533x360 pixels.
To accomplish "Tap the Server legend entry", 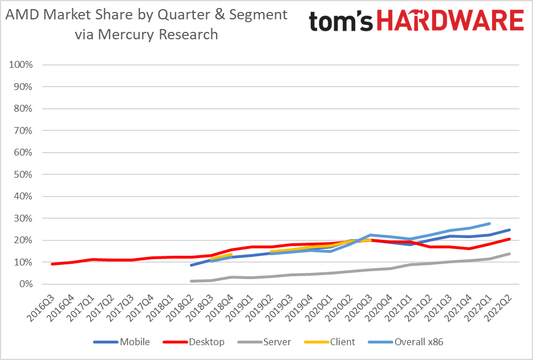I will tap(276, 342).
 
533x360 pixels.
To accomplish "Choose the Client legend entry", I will tap(342, 342).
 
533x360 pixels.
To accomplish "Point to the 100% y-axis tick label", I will tap(22, 65).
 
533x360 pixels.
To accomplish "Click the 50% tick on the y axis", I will tap(24, 174).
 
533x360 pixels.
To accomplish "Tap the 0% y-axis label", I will tap(26, 284).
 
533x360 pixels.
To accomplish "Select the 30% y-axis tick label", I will tap(24, 218).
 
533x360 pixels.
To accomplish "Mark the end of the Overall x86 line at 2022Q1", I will tap(489, 224).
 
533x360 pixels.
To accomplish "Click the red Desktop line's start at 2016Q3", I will tap(52, 264).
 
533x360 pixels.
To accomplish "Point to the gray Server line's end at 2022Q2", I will tap(509, 254).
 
